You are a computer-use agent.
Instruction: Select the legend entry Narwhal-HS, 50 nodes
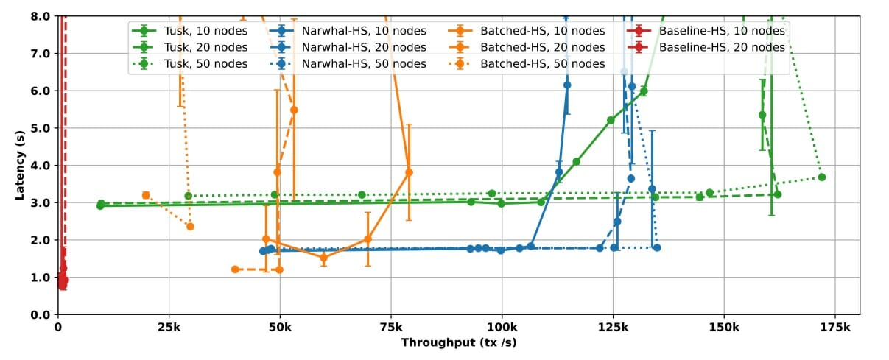pyautogui.click(x=364, y=64)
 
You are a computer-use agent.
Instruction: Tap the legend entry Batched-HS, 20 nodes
pyautogui.click(x=542, y=47)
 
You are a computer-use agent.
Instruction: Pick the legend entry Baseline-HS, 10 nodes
pyautogui.click(x=721, y=31)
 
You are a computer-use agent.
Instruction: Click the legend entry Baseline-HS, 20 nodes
pyautogui.click(x=721, y=47)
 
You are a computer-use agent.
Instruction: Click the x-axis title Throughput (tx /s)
pyautogui.click(x=457, y=343)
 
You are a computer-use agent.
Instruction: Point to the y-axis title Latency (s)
pyautogui.click(x=20, y=165)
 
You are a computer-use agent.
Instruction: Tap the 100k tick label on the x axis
pyautogui.click(x=502, y=326)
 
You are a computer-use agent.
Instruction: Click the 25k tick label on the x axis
pyautogui.click(x=169, y=326)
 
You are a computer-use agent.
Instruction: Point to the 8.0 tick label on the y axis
pyautogui.click(x=41, y=16)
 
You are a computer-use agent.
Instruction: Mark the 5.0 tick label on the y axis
pyautogui.click(x=41, y=128)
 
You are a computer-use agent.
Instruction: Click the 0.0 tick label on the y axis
pyautogui.click(x=41, y=314)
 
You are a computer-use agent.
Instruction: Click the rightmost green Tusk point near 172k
pyautogui.click(x=821, y=177)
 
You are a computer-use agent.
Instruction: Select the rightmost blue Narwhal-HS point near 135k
pyautogui.click(x=656, y=247)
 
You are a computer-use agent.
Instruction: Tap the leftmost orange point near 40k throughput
pyautogui.click(x=235, y=269)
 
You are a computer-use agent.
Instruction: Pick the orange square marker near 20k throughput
pyautogui.click(x=146, y=195)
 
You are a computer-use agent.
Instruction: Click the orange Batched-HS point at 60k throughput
pyautogui.click(x=323, y=258)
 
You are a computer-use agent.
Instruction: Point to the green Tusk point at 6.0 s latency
pyautogui.click(x=644, y=91)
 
